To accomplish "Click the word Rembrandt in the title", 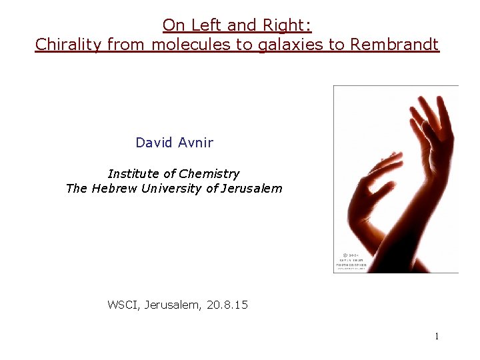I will pos(395,45).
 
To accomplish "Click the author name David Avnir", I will pos(174,142).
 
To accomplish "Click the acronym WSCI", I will pos(122,305).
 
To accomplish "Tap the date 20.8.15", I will pos(227,305).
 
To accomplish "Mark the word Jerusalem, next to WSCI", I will pos(172,305).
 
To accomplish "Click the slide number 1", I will pos(437,337).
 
